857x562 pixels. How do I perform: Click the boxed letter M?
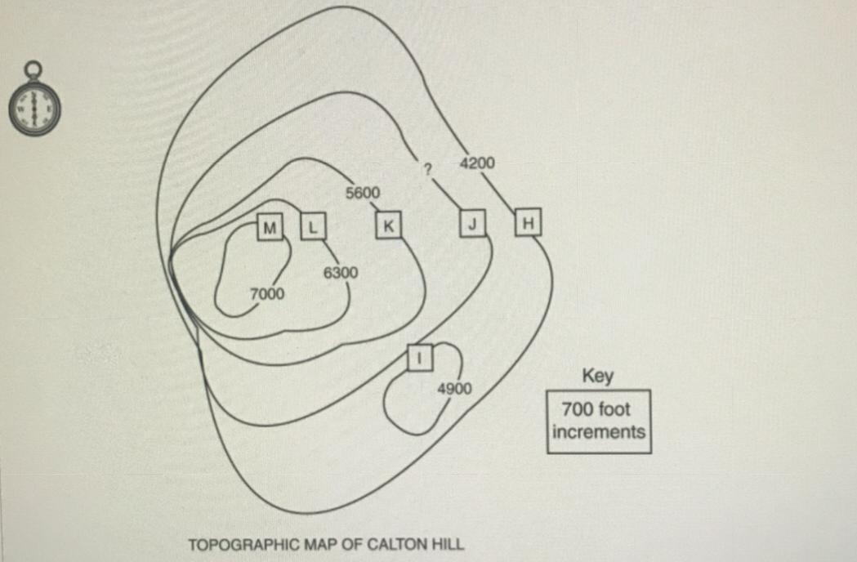270,227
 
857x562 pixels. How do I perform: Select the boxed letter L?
313,227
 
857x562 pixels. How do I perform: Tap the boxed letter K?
389,225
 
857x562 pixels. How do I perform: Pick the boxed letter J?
473,224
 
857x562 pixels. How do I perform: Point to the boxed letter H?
528,222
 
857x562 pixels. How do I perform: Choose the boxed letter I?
420,358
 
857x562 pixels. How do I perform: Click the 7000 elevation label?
267,294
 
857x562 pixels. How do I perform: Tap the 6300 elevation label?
341,272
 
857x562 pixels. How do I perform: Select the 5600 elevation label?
363,193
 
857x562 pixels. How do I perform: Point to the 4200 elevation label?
477,163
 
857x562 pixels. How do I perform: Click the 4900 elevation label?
455,389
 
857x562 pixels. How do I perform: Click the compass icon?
34,99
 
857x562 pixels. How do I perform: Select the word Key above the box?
598,376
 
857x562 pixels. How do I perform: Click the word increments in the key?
599,432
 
